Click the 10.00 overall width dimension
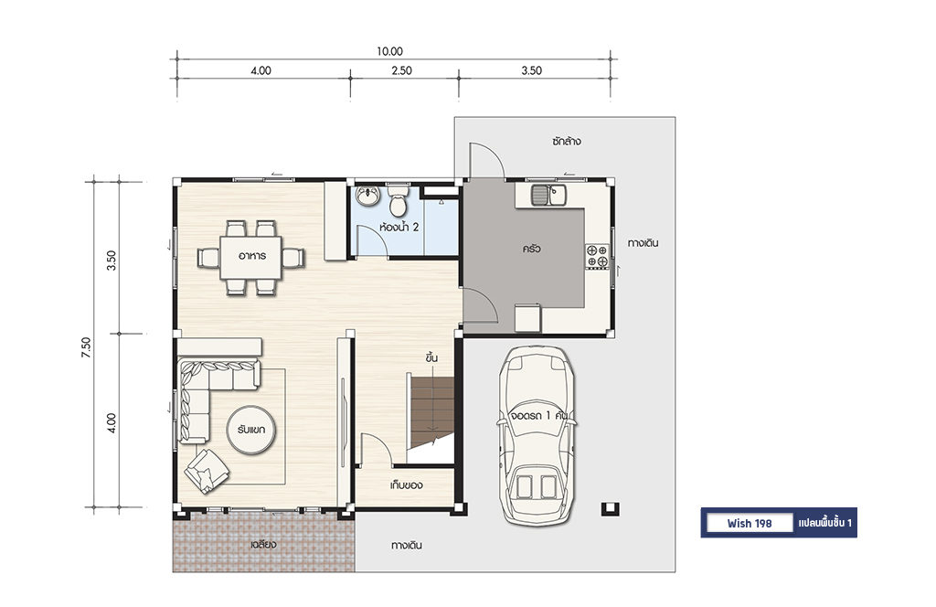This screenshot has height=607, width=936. [x=389, y=51]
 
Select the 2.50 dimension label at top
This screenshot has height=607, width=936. [x=402, y=70]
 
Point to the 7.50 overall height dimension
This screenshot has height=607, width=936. [x=87, y=347]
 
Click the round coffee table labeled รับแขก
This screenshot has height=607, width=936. [x=251, y=429]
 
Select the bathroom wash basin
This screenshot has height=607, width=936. [x=367, y=196]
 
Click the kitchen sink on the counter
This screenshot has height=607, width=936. [x=549, y=195]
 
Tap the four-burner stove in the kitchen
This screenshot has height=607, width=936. [x=596, y=256]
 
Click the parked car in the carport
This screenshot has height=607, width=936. [x=537, y=436]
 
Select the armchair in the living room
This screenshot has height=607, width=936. [x=207, y=470]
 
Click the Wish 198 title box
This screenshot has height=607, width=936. [x=750, y=524]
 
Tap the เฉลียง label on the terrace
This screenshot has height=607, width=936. [x=263, y=544]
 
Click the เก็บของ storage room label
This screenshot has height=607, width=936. [x=406, y=485]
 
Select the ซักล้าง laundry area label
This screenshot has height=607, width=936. [x=566, y=142]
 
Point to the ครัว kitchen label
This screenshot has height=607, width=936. [x=531, y=249]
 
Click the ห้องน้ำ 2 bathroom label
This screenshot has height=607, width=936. [x=399, y=227]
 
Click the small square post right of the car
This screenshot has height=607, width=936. [x=610, y=509]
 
